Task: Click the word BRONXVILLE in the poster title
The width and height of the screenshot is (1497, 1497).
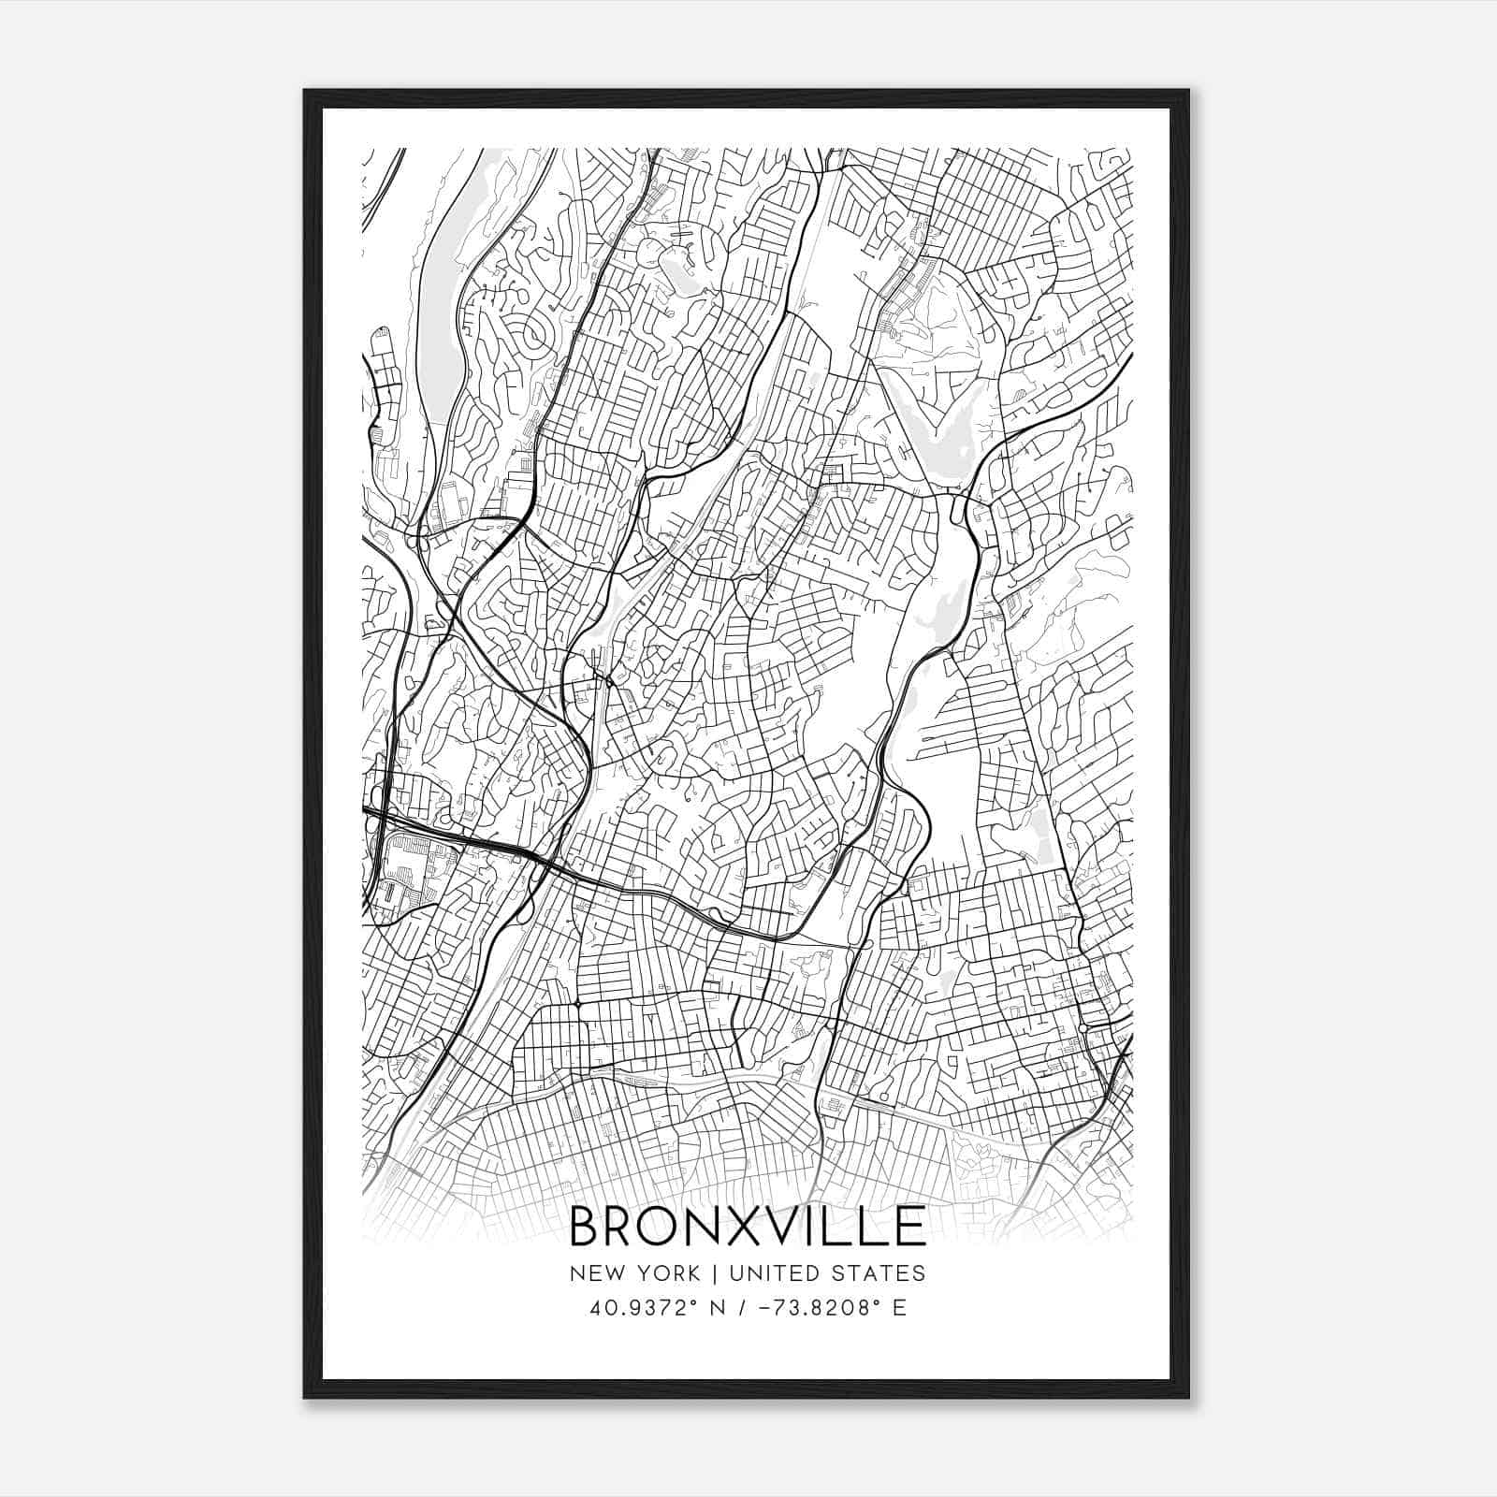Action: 748,1226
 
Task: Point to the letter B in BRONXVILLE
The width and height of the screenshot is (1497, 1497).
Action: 586,1226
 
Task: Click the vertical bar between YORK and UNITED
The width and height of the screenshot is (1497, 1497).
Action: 714,1272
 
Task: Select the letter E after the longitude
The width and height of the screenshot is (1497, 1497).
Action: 899,1308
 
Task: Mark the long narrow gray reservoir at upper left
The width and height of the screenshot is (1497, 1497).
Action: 440,309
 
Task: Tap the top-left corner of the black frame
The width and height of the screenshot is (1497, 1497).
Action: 306,92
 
